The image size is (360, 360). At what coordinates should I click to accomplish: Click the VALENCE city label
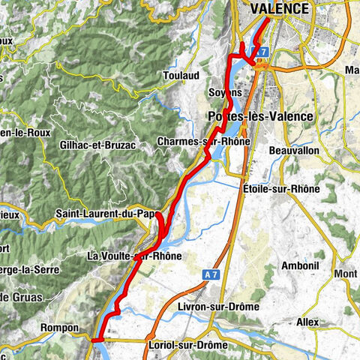279,9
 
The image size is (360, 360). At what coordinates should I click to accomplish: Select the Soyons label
224,92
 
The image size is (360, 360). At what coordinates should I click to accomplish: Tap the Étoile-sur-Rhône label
282,189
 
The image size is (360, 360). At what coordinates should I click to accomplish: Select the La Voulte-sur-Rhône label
135,256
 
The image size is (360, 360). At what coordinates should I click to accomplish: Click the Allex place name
307,321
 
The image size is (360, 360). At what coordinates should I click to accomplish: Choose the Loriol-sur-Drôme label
183,344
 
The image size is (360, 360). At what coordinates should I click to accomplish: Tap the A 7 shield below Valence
261,51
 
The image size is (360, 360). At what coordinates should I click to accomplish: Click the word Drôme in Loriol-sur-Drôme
211,344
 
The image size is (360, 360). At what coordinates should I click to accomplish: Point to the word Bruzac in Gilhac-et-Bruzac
120,145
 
